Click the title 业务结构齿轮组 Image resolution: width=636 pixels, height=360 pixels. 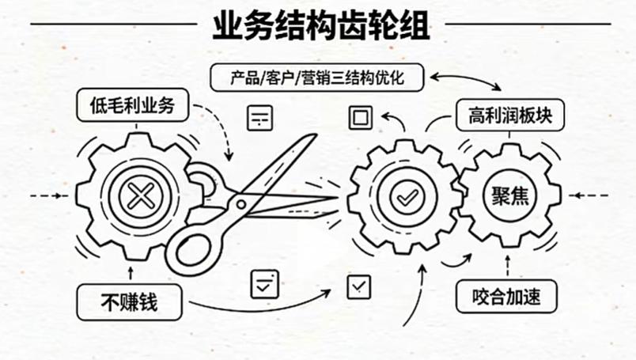tap(320, 25)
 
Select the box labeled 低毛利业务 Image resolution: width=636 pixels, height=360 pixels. tap(131, 104)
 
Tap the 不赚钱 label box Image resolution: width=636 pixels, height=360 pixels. tap(130, 301)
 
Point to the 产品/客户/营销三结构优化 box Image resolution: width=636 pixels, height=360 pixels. tap(316, 78)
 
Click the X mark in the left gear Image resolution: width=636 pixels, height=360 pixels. tap(140, 195)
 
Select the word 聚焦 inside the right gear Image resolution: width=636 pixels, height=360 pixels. tap(509, 196)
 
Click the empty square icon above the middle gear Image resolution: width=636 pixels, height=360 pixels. tap(360, 118)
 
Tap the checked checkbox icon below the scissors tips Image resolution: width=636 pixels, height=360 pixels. tap(358, 284)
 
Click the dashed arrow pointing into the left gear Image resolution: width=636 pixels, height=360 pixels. tap(47, 195)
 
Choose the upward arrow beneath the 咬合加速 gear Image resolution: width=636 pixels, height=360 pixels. tap(507, 263)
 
